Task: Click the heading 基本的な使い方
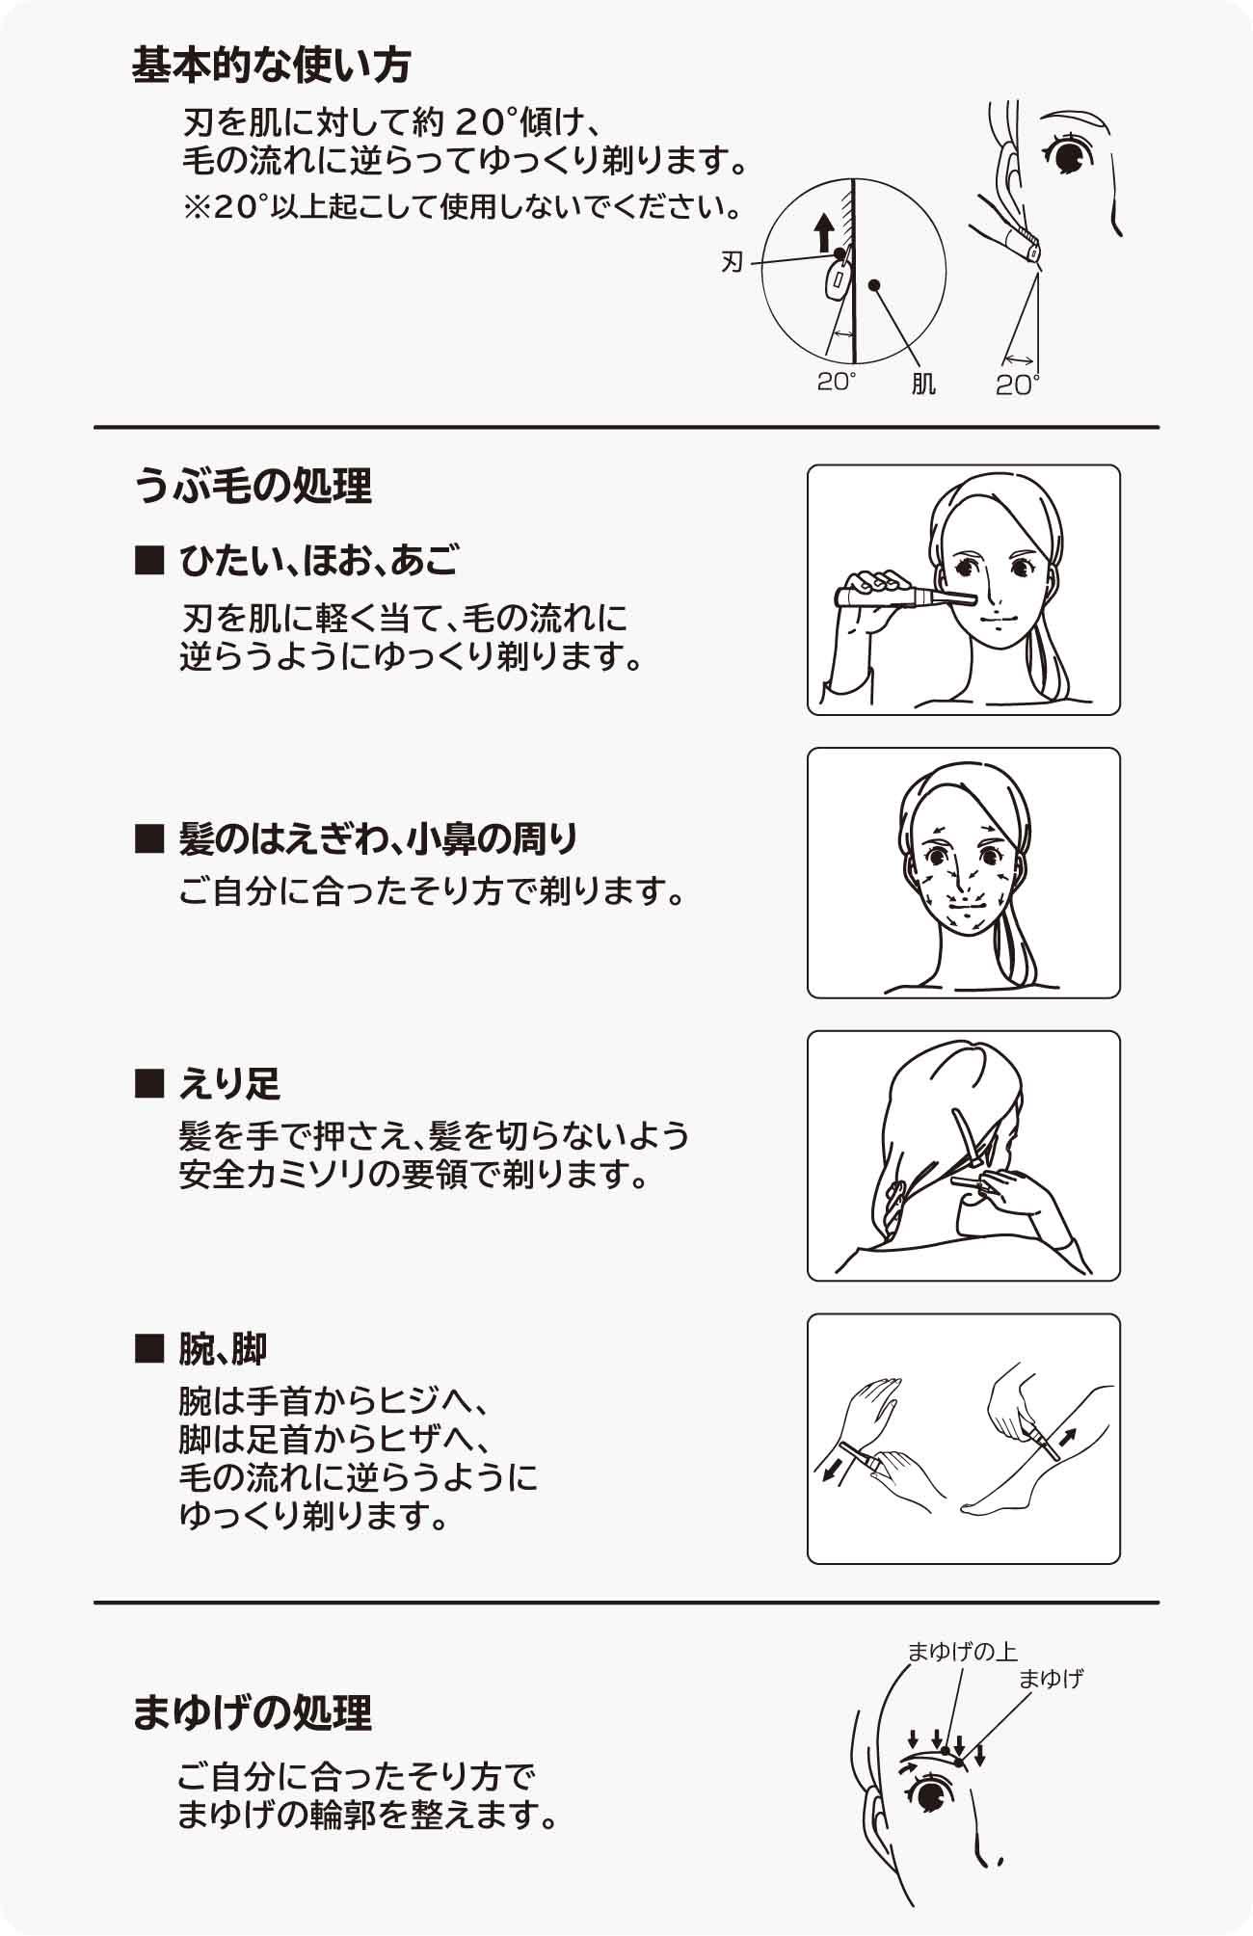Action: pos(272,66)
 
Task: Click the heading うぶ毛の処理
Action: pos(253,486)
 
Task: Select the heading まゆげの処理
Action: pos(253,1712)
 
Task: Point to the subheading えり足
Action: pos(229,1084)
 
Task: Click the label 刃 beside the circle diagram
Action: pos(733,262)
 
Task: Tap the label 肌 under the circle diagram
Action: pos(923,385)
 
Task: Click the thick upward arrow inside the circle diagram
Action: pos(823,233)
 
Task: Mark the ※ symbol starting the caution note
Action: pos(197,207)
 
